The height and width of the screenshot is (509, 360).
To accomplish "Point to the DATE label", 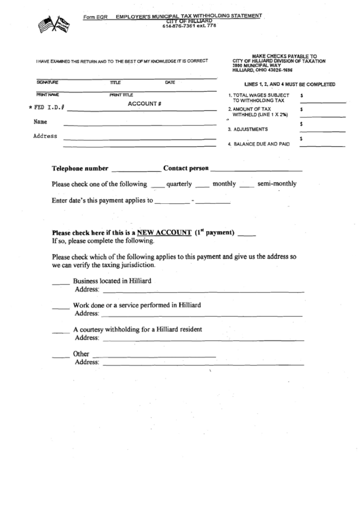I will click(x=170, y=82).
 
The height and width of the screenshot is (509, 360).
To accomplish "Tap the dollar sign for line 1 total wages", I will click(x=301, y=96).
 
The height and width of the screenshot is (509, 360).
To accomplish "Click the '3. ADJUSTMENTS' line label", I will click(x=248, y=129).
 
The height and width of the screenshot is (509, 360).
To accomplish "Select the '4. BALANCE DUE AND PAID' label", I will click(x=259, y=144).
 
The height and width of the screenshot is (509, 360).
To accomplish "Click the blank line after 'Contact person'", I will click(x=256, y=171).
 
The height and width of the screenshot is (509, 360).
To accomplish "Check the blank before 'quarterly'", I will click(x=158, y=186).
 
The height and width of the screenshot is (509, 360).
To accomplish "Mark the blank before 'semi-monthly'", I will click(x=247, y=186).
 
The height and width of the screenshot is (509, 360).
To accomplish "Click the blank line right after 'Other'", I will click(x=154, y=356).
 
